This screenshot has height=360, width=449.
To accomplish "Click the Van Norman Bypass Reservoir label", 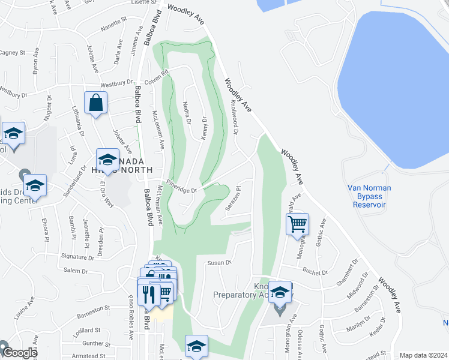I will pos(369,196).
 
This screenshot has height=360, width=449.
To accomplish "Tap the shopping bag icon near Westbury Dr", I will pos(96,103).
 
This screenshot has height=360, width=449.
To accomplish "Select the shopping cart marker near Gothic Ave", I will pos(297,224).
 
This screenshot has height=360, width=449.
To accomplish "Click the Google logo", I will pos(19,353).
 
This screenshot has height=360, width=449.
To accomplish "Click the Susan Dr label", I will pos(219,262).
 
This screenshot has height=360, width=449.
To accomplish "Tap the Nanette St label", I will pos(114,19).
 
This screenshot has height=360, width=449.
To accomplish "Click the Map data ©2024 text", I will pos(423,355).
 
